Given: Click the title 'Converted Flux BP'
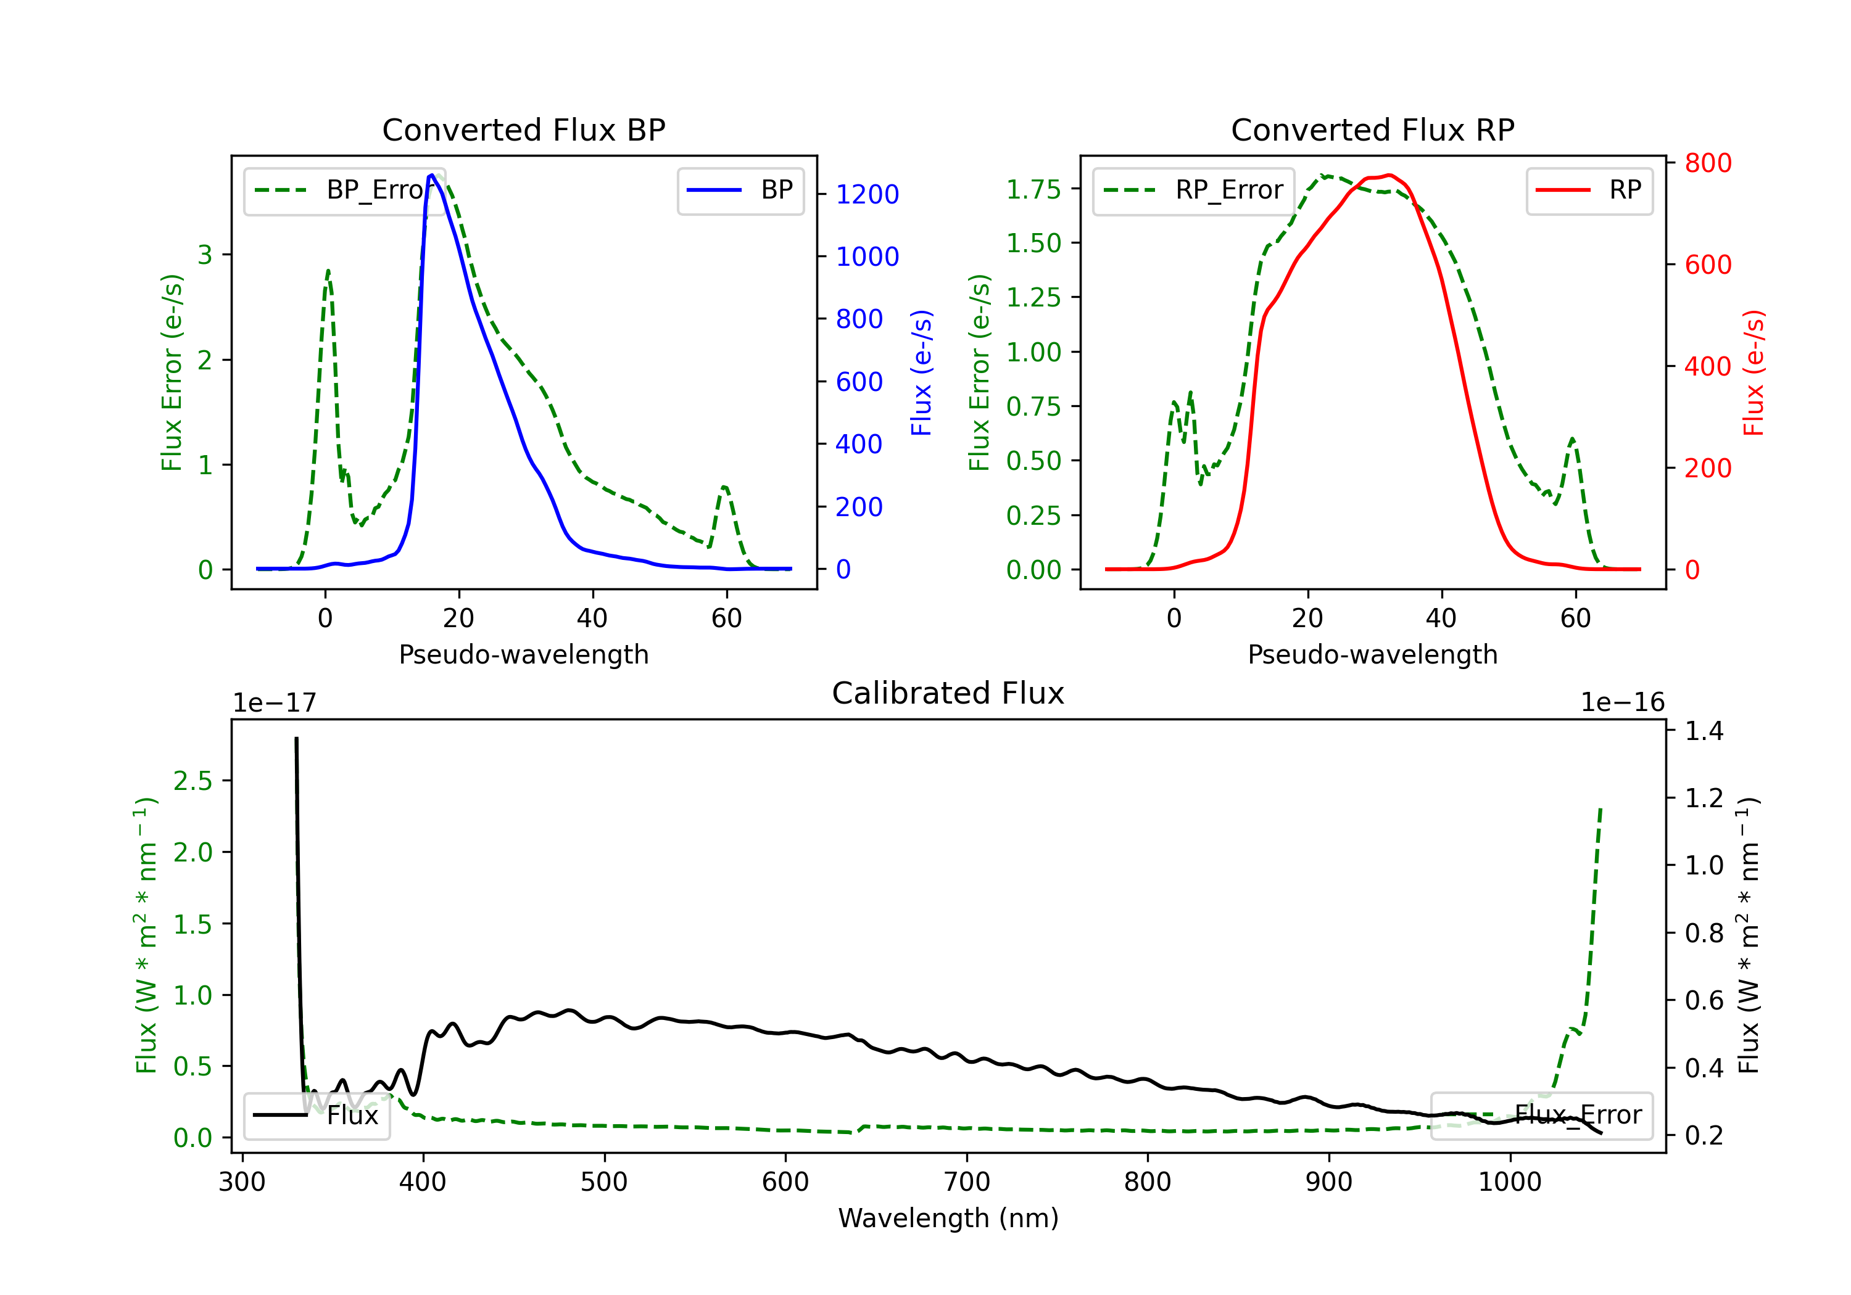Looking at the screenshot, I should point(523,129).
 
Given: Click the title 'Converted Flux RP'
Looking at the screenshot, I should point(1372,129).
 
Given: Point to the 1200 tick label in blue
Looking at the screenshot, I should point(867,194).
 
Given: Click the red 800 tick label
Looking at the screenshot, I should point(1707,163).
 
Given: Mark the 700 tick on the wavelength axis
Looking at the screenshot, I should point(966,1182).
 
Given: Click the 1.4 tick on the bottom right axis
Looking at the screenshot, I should point(1704,731).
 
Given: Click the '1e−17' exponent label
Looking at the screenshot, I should point(274,703).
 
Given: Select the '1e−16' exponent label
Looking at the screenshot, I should point(1622,703).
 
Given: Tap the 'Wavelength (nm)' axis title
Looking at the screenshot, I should point(948,1218).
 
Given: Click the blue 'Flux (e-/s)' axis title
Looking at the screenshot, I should point(921,372).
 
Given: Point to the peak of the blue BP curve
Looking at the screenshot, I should point(432,175).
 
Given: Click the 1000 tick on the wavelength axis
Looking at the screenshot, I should point(1509,1182).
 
